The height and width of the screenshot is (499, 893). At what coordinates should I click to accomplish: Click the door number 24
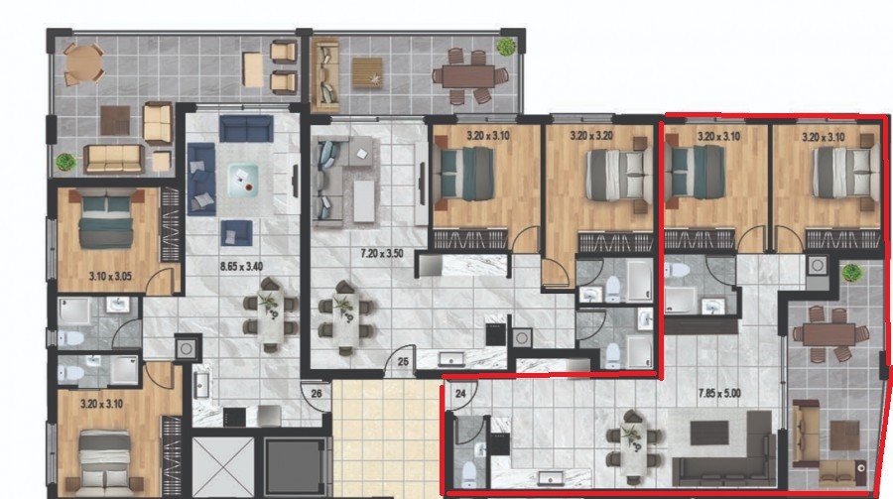pos(460,393)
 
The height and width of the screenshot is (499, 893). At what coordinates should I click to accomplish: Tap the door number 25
pos(403,361)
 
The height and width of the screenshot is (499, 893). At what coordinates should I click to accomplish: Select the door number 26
pos(317,393)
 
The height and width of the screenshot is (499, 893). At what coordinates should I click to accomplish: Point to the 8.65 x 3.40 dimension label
pos(241,266)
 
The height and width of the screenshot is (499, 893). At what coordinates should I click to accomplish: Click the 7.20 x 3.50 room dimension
pos(382,254)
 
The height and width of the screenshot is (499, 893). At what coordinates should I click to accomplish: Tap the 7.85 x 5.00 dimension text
pos(720,393)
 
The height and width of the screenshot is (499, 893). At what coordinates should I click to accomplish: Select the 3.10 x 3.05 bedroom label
pos(110,276)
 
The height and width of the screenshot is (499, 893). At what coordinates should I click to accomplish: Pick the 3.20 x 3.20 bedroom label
pos(591,136)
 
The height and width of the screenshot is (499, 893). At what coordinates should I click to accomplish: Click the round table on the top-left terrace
pos(83,62)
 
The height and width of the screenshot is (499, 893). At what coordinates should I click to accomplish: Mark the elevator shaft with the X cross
pos(222,465)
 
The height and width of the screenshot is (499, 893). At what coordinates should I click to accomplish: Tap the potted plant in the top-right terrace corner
pos(505,47)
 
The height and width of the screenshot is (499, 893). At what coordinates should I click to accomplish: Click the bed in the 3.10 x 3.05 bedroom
pos(106,219)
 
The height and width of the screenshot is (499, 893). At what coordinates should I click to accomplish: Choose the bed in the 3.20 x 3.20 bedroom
pos(615,175)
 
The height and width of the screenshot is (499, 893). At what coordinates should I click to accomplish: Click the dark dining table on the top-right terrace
pos(467,76)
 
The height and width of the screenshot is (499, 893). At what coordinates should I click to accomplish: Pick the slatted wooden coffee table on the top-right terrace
pos(367,72)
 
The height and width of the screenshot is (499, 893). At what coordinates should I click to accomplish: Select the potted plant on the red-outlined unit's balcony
pos(851,272)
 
